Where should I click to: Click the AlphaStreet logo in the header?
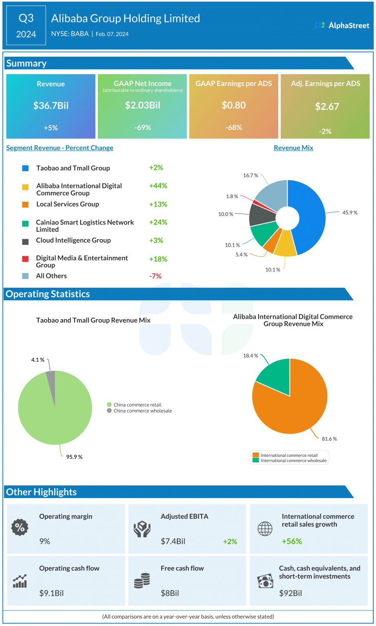coord(342,25)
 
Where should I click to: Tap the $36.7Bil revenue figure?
coord(51,106)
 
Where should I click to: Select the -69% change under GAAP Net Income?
coord(142,128)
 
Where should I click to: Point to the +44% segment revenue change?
coord(158,185)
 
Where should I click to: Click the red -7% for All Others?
coord(155,276)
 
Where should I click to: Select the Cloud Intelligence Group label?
coord(73,240)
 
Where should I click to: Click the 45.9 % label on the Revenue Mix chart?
coord(350,213)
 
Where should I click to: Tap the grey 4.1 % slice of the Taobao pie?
coord(51,377)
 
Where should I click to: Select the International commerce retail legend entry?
coord(288,455)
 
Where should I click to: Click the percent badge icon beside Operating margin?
coord(20,528)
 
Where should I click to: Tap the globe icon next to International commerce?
coord(265,529)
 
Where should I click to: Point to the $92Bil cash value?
coord(290,593)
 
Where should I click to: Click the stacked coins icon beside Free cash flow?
coord(142,580)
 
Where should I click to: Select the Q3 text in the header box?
coord(26,18)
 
